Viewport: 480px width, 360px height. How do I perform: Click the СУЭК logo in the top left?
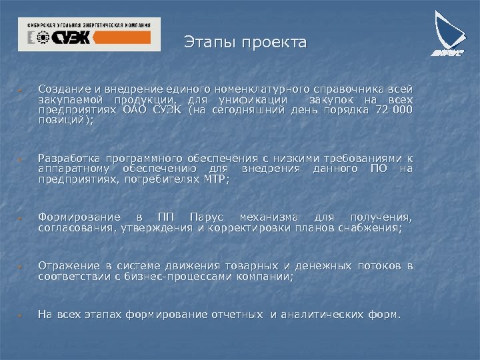89,34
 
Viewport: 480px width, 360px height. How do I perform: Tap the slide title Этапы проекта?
245,43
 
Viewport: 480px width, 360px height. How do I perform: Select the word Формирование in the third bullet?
80,217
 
